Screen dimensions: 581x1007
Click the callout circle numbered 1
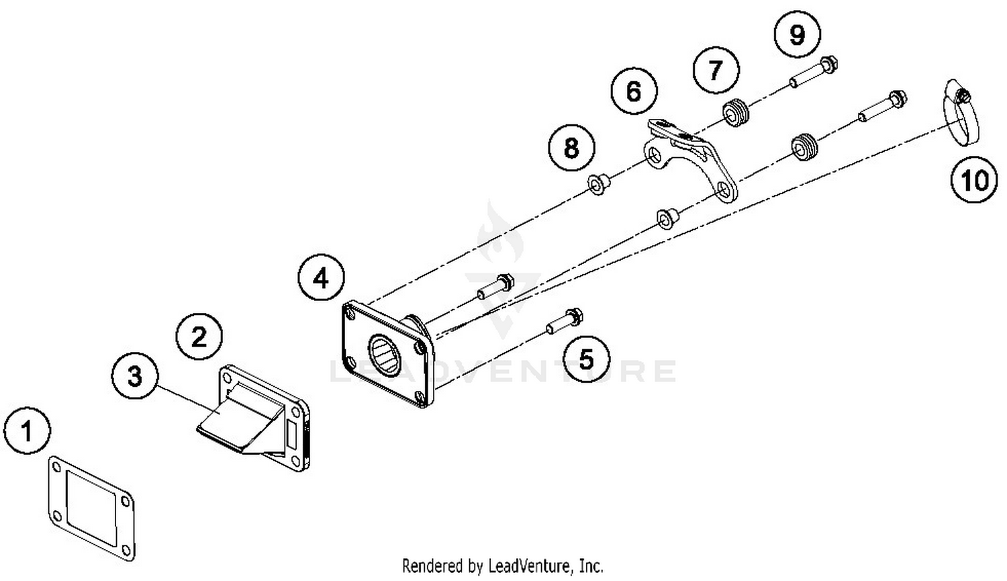pyautogui.click(x=27, y=430)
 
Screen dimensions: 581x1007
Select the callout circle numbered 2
pyautogui.click(x=199, y=336)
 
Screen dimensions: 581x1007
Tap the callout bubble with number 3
pyautogui.click(x=135, y=375)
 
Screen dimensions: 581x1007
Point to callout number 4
pyautogui.click(x=321, y=277)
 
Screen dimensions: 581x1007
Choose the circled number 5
pyautogui.click(x=586, y=359)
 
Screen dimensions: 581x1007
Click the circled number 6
pyautogui.click(x=634, y=91)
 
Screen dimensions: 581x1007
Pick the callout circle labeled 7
pyautogui.click(x=716, y=69)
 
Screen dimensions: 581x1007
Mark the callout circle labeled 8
pyautogui.click(x=571, y=147)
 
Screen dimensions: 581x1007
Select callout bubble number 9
pyautogui.click(x=797, y=34)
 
